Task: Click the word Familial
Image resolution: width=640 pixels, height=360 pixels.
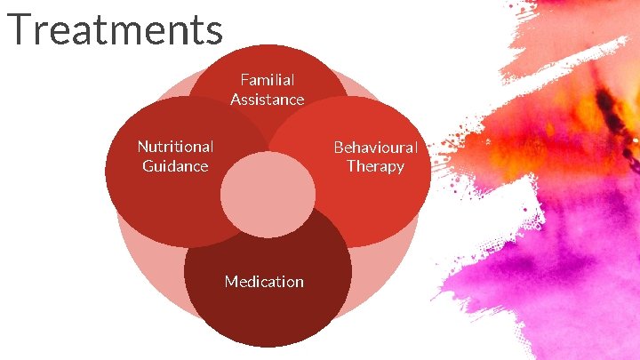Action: [x=267, y=80]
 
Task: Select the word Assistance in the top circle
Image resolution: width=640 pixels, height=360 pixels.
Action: [x=267, y=100]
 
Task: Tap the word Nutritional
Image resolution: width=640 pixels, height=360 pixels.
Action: [x=175, y=146]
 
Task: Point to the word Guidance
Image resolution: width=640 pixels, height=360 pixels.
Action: [x=175, y=166]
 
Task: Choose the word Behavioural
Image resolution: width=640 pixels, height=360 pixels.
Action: [x=375, y=147]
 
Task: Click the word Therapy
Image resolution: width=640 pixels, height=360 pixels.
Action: [x=375, y=167]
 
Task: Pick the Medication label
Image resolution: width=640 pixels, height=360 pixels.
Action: [x=264, y=282]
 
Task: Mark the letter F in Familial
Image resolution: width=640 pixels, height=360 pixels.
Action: [x=244, y=80]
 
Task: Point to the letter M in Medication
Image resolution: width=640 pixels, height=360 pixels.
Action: [x=231, y=282]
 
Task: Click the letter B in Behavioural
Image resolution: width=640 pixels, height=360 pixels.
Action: [x=339, y=147]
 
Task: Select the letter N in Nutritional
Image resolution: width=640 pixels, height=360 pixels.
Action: [x=142, y=146]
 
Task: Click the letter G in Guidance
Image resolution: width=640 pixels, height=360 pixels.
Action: [x=148, y=166]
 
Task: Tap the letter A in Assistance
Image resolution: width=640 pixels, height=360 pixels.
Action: [x=236, y=100]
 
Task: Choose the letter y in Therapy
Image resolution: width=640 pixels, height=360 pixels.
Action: [x=400, y=169]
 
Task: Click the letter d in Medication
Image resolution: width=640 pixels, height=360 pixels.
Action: [x=252, y=282]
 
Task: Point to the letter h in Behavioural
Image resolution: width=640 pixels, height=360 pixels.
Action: [x=358, y=147]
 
